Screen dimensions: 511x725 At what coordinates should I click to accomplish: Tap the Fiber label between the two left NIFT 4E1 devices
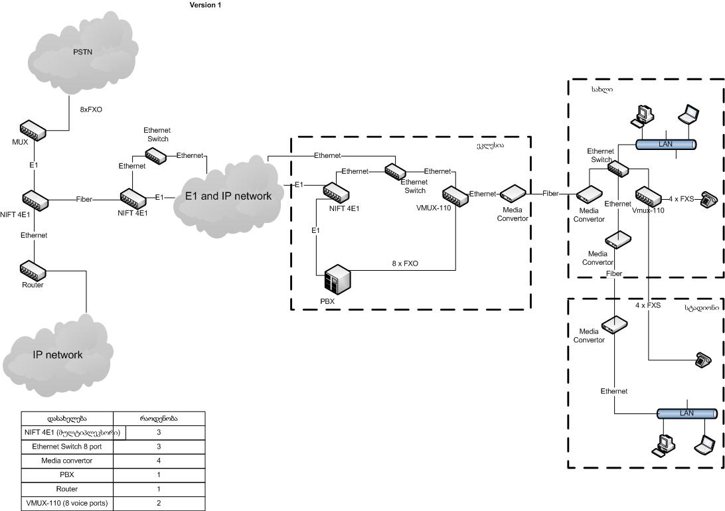pyautogui.click(x=84, y=198)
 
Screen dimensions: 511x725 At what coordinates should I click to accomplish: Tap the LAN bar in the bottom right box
pyautogui.click(x=686, y=413)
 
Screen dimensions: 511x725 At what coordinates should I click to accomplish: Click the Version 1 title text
pyautogui.click(x=206, y=5)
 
